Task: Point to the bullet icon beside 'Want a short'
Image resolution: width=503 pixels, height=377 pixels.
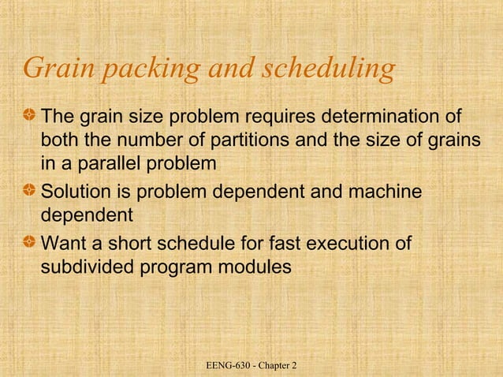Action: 30,244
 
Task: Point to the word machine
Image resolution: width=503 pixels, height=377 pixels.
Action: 383,192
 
